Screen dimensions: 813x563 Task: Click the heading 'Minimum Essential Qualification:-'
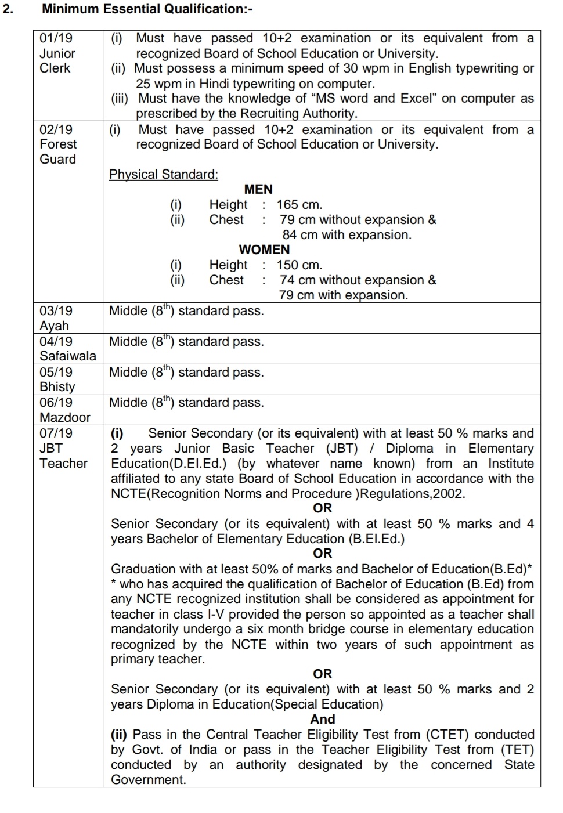click(x=147, y=9)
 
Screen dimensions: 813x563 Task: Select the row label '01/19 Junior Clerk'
click(x=57, y=53)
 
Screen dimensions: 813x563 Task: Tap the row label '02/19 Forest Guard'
click(x=58, y=144)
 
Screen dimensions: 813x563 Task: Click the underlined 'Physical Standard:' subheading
click(x=164, y=174)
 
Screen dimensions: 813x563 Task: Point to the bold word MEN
click(x=258, y=189)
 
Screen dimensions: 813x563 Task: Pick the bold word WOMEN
click(x=264, y=250)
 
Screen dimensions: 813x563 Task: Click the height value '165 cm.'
click(x=299, y=204)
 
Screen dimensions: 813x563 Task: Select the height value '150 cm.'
click(x=299, y=265)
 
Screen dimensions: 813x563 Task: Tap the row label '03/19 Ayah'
click(x=56, y=318)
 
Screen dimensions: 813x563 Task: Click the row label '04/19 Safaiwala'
click(x=67, y=349)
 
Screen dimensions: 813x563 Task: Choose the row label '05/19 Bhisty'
click(x=57, y=380)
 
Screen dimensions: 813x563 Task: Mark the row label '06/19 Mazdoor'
click(x=64, y=410)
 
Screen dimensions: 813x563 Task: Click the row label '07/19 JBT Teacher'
click(x=63, y=448)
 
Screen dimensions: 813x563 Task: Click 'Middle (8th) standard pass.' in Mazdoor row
click(x=186, y=403)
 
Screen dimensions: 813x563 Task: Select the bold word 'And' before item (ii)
click(x=323, y=719)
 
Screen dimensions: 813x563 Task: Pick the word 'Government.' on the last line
click(x=149, y=779)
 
